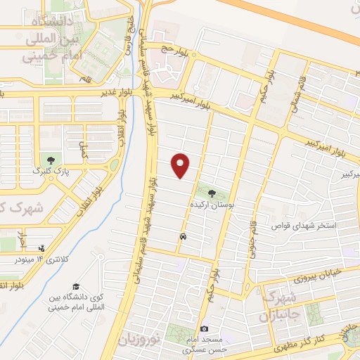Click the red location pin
pos(181,165)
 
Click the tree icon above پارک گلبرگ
pos(49,157)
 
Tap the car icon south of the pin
pos(183,237)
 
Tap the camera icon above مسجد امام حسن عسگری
pos(204,328)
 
